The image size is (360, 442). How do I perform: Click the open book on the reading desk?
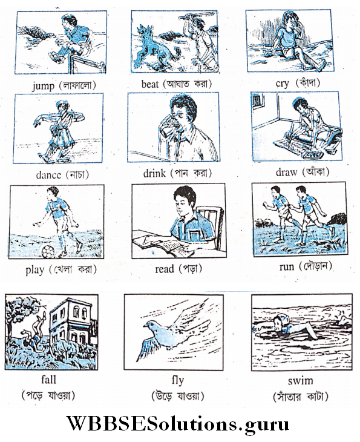tap(160, 245)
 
